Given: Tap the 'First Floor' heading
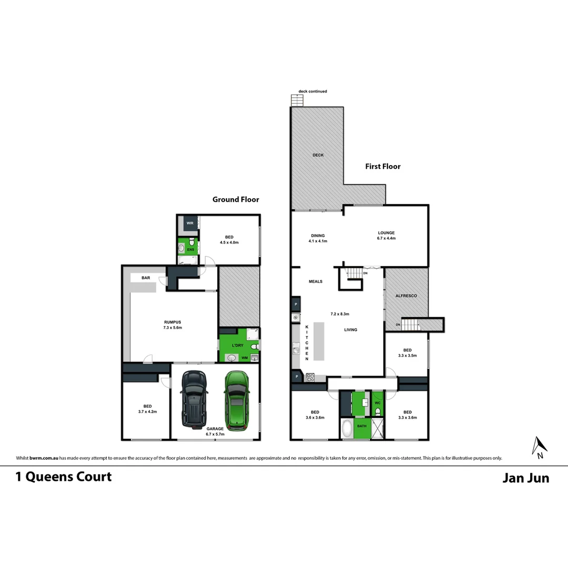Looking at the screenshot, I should pos(383,166).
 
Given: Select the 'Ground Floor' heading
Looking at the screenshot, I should pos(236,199).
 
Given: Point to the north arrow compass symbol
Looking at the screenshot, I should pos(540,448).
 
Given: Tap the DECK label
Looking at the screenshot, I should pos(318,155).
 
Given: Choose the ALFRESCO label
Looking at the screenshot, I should pos(406,296).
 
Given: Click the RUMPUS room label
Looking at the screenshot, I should pos(173,322).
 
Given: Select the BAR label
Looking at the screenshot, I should pos(146,277).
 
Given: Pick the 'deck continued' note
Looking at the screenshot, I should pos(312,92).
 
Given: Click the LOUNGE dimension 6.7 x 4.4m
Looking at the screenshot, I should pos(386,238).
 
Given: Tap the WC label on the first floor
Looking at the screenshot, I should pos(377,403).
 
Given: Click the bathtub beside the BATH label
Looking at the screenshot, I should pos(347,429).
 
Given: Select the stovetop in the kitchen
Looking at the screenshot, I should pos(310,377).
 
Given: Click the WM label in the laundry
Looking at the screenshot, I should pos(244,358).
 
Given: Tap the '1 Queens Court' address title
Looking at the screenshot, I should pos(64,476).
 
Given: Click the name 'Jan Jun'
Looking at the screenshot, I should pos(525,478).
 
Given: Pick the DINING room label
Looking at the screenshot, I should pos(318,236).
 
